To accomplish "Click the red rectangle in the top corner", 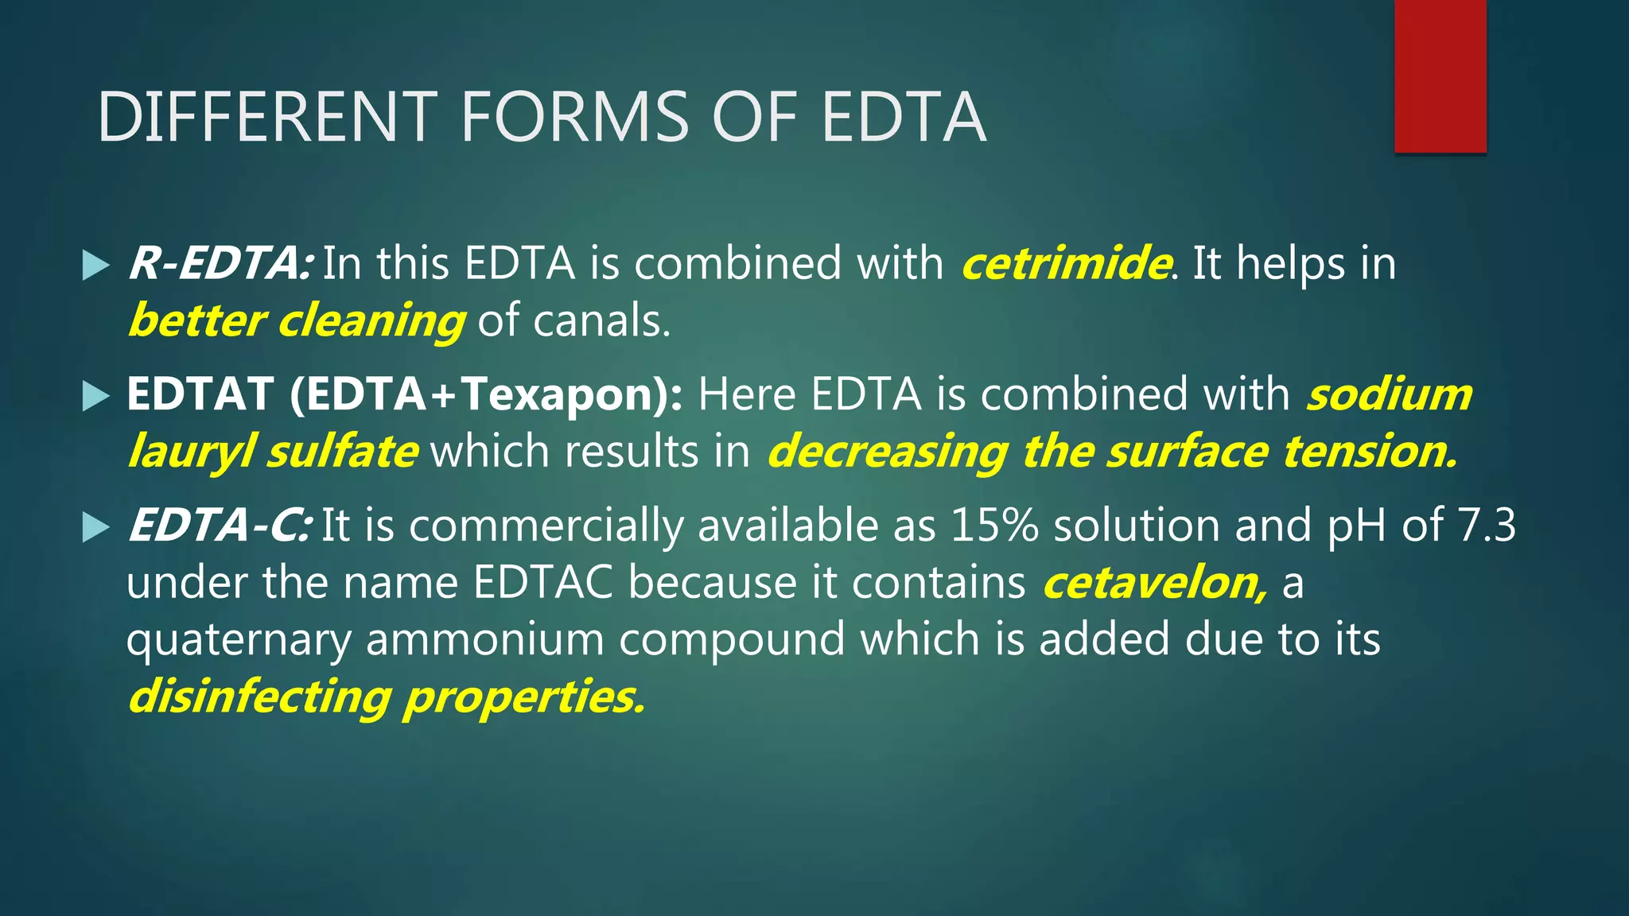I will [1440, 76].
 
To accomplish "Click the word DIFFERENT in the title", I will [267, 118].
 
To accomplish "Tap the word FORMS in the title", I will [575, 118].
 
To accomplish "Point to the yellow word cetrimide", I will [1066, 263].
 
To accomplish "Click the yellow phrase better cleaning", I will [296, 320].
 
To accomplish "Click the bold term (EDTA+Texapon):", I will [486, 394].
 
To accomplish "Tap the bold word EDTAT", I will [200, 394].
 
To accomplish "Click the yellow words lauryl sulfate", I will [273, 452].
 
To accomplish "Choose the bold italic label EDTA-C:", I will [219, 526].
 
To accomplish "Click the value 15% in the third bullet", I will [994, 526].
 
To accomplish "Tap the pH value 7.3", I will [1487, 526].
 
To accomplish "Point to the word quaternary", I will [239, 640].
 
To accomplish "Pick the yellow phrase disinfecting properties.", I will [386, 697].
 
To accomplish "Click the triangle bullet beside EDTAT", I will [95, 395].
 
